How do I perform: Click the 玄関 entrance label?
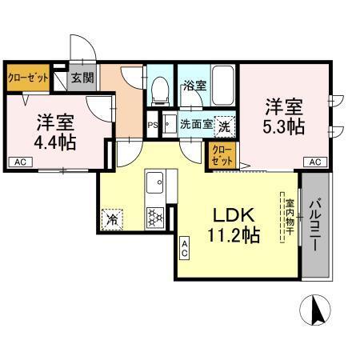tap(81, 78)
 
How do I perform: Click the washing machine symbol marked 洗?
tap(226, 126)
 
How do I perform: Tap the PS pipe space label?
tap(152, 125)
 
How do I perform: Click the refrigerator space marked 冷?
tap(112, 218)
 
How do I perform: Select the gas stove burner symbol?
tap(154, 216)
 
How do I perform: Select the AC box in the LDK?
tap(184, 249)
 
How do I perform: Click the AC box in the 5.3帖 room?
tap(316, 162)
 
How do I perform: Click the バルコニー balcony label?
tap(316, 226)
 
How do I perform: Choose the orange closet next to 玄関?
tap(29, 78)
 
